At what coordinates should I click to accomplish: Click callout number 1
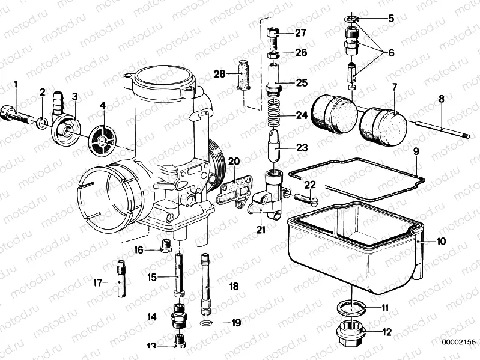(16, 84)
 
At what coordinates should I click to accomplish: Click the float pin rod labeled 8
(439, 132)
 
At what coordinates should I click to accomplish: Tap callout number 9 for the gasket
(416, 152)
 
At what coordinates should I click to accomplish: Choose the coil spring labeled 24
(273, 114)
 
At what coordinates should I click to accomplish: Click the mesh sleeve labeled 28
(244, 75)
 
